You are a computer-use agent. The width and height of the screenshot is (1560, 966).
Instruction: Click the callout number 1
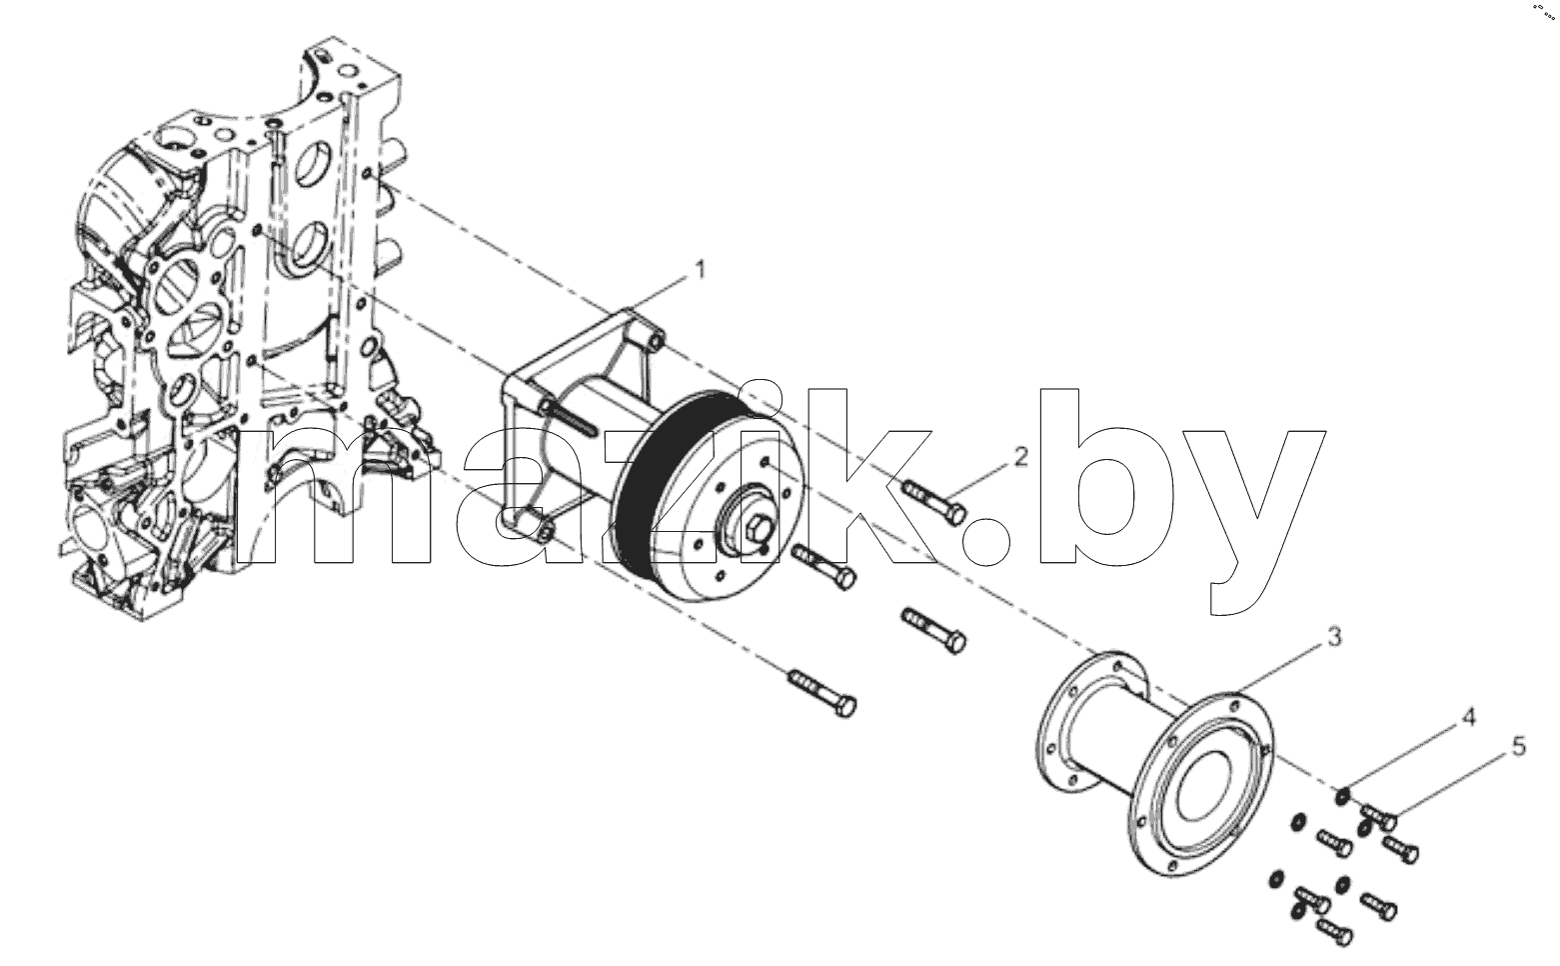(x=701, y=270)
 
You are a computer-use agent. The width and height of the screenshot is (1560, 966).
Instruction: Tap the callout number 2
(x=1021, y=457)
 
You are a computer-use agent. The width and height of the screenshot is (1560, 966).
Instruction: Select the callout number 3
(x=1334, y=637)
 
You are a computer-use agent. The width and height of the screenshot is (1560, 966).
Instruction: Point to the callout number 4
(x=1468, y=717)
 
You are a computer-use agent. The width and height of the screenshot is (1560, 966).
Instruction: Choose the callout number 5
(x=1519, y=746)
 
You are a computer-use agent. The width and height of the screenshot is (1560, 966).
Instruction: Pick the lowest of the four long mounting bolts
(x=822, y=694)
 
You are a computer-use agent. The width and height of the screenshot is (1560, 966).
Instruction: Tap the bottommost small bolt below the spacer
(x=1335, y=933)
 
